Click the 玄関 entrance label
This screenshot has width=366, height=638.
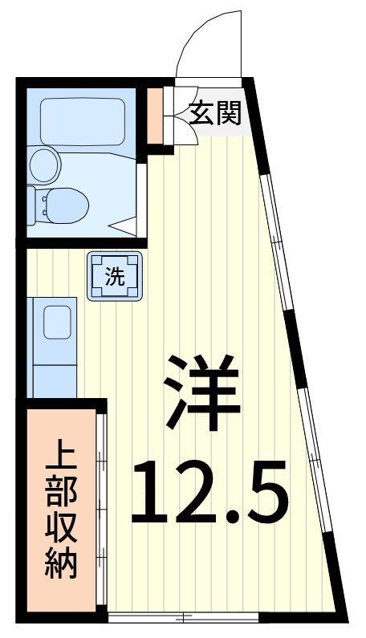point(215,112)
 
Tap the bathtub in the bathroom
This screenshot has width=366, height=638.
point(82,121)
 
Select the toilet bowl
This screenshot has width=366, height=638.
point(66,205)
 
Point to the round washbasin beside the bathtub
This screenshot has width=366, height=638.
point(45,165)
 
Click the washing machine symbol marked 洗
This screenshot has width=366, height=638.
point(115,276)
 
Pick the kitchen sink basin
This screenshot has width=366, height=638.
point(57,323)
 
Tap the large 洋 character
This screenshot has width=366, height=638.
point(202,392)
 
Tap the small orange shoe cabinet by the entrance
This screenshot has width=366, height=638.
point(155,116)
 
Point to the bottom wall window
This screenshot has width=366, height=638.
point(183,617)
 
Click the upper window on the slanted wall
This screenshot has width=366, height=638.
point(277,243)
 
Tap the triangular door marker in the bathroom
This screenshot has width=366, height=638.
point(124,226)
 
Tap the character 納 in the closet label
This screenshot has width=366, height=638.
point(61,563)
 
